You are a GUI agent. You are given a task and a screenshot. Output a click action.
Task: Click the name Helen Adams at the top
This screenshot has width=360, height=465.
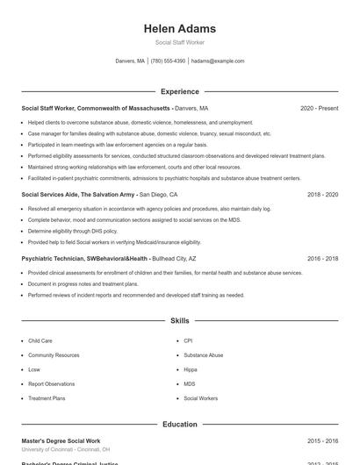click(179, 29)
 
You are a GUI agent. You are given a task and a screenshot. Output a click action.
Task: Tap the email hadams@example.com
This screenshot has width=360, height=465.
click(217, 61)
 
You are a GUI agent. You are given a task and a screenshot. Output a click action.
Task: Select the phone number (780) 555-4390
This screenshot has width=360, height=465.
click(168, 61)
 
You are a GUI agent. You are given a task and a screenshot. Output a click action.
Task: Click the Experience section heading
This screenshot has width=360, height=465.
click(179, 91)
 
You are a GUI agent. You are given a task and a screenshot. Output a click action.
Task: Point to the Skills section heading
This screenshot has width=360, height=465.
click(179, 321)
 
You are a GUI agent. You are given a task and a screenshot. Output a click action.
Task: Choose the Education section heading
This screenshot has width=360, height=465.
click(179, 425)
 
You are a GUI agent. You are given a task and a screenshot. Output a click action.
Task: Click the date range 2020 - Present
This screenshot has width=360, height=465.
click(319, 108)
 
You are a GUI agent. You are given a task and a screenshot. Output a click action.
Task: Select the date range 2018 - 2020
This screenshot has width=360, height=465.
click(322, 195)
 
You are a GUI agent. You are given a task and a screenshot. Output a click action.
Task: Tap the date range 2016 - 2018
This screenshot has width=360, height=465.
click(322, 259)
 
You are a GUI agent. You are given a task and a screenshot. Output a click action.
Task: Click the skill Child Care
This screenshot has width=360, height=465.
click(40, 340)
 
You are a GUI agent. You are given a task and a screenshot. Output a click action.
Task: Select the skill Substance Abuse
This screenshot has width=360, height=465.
click(203, 355)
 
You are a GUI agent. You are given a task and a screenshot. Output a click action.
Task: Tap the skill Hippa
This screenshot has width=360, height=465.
click(190, 369)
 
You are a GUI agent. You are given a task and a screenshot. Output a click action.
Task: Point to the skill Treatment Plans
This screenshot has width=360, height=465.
click(47, 398)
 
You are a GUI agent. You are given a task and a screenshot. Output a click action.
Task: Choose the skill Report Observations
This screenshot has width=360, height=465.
click(51, 384)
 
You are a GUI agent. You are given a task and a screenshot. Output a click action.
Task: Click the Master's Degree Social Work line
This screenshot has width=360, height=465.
click(61, 440)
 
